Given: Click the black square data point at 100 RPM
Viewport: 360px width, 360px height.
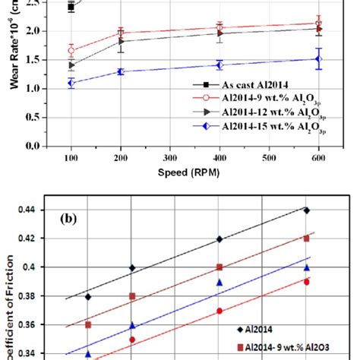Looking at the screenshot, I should click(x=71, y=7).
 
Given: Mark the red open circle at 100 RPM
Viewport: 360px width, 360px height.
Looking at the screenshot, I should click(x=71, y=51).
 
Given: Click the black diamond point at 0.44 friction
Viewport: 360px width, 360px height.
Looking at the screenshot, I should click(x=307, y=210).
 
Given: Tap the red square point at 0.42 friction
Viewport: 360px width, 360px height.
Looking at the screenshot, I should click(x=307, y=238).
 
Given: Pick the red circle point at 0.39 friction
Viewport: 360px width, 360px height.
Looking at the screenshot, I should click(x=307, y=281).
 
